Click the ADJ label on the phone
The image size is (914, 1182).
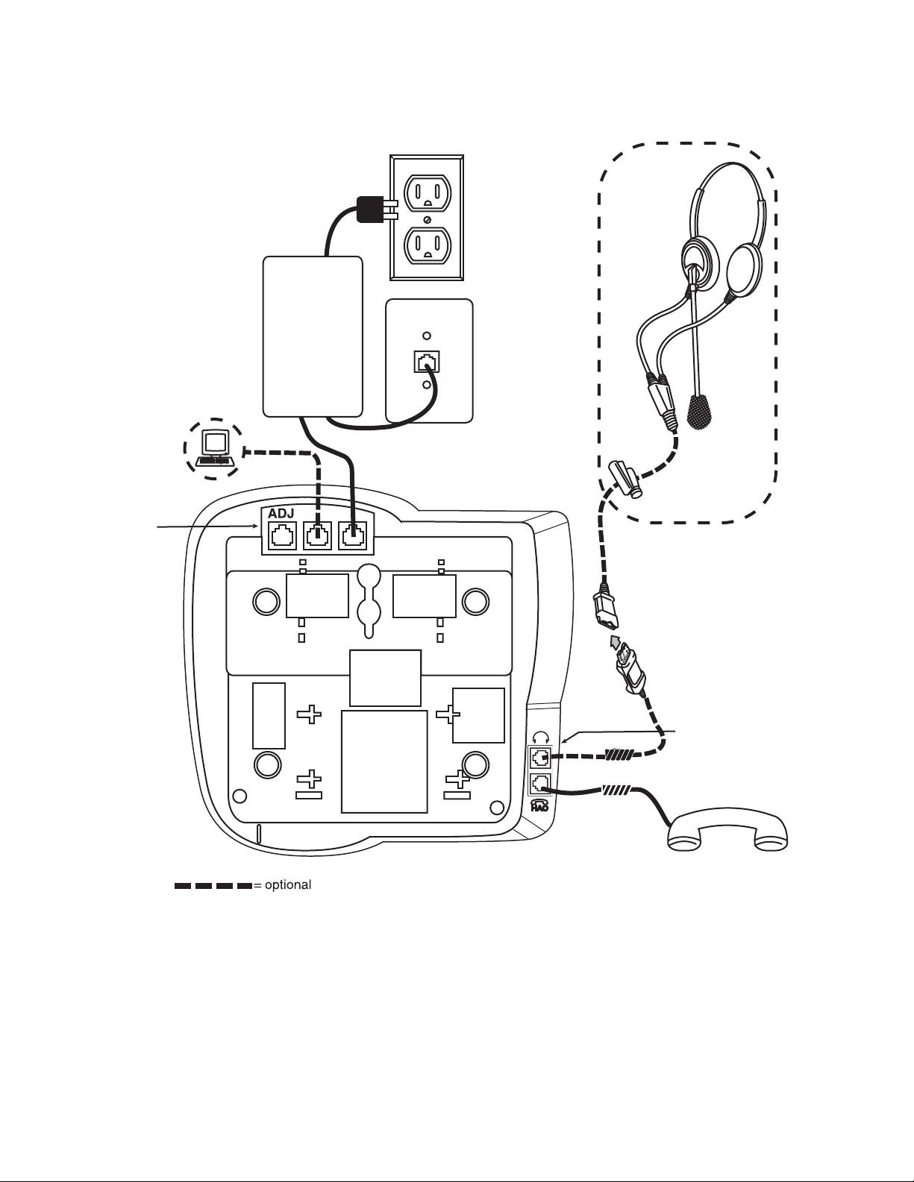tap(281, 514)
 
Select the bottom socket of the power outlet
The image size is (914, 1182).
tap(426, 243)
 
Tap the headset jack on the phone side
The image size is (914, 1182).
tap(540, 758)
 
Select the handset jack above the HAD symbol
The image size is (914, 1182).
tap(540, 784)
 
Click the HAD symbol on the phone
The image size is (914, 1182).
tap(539, 805)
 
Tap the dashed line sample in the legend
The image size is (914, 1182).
tap(213, 886)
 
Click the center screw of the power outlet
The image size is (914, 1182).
tap(426, 219)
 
